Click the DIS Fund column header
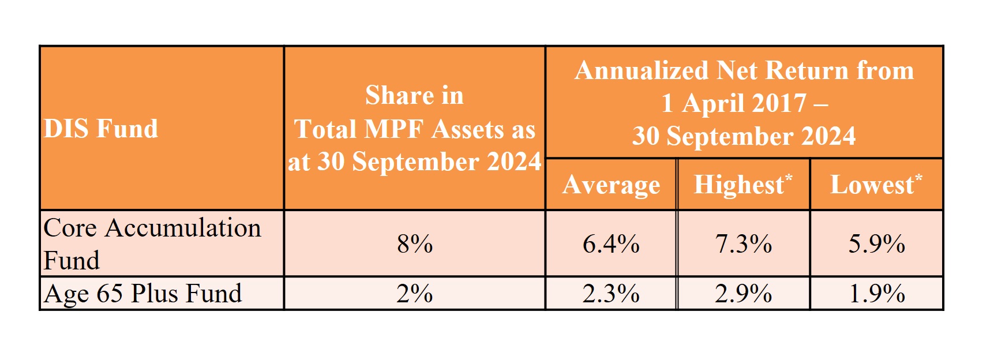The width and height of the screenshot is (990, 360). click(x=101, y=128)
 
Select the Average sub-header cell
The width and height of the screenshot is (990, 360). click(x=611, y=185)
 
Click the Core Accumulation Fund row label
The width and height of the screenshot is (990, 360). click(x=152, y=243)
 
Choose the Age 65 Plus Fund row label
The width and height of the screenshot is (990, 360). click(x=142, y=293)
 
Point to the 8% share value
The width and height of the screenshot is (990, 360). click(x=414, y=243)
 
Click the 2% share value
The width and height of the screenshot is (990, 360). click(x=414, y=294)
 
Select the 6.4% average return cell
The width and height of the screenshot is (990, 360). click(x=611, y=243)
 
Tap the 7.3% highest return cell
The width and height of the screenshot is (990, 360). click(x=744, y=243)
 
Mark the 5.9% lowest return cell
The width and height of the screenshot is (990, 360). click(x=876, y=243)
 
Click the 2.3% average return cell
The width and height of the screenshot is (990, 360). click(x=611, y=294)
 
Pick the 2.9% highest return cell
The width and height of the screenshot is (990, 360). click(x=744, y=294)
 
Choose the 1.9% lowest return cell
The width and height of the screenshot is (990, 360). click(x=876, y=294)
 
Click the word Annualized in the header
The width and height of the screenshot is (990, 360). click(x=642, y=71)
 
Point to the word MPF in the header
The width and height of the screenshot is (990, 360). click(x=398, y=129)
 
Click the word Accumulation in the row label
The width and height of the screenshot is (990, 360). click(x=183, y=228)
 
